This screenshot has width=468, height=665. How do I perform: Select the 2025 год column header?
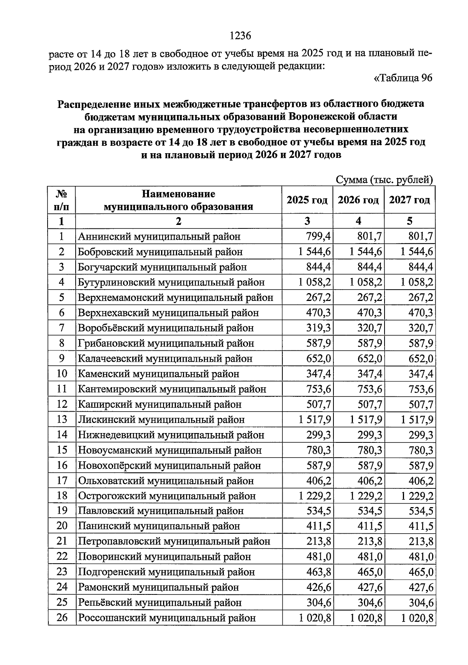point(307,200)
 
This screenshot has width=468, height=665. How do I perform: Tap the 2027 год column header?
point(409,200)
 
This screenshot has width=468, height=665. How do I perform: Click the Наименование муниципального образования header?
point(178,200)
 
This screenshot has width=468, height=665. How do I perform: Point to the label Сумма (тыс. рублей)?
point(385,180)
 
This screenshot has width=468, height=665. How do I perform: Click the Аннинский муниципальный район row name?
point(159,237)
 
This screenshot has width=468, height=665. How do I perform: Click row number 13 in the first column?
point(62,419)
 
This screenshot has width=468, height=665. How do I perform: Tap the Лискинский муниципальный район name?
point(161,420)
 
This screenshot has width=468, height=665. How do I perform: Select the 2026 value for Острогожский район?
point(366,496)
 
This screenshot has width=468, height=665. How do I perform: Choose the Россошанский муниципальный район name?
point(167,618)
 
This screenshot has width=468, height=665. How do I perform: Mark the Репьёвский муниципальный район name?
point(160,603)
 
